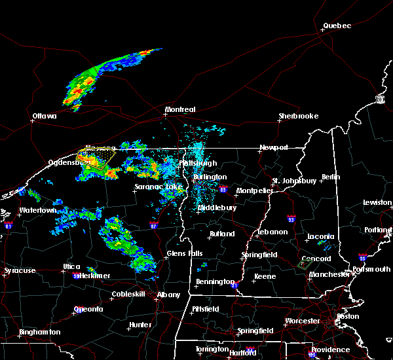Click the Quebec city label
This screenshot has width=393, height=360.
pyautogui.click(x=337, y=26)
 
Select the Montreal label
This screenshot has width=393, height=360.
pyautogui.click(x=180, y=109)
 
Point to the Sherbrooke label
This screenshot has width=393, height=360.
pyautogui.click(x=298, y=116)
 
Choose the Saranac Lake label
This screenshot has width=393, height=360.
pyautogui.click(x=158, y=187)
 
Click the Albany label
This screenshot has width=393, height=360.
pyautogui.click(x=168, y=295)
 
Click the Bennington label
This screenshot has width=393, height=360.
pyautogui.click(x=214, y=282)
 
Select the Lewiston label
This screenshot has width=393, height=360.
pyautogui.click(x=378, y=203)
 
